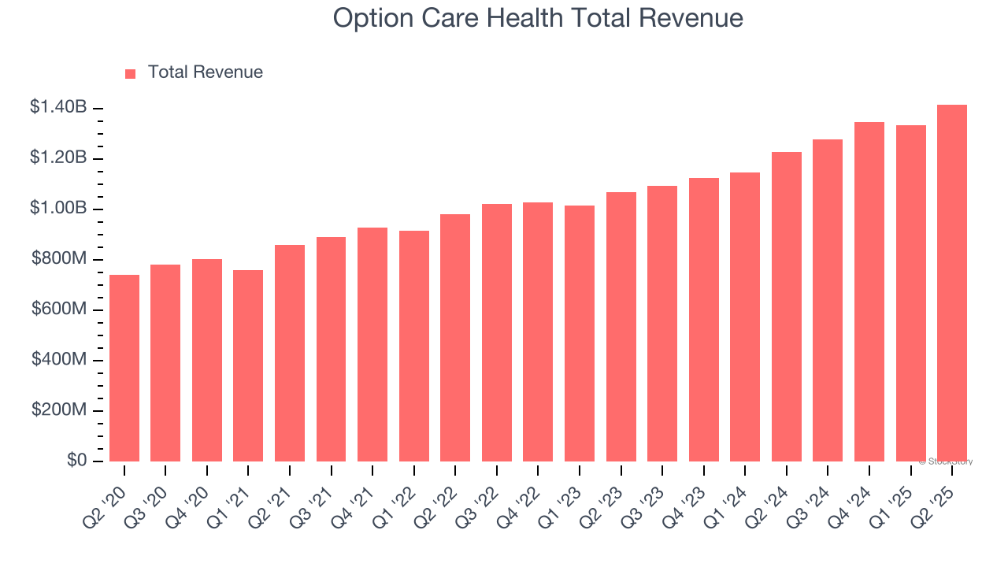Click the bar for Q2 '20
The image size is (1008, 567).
[x=124, y=368]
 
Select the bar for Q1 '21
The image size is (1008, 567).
[x=248, y=365]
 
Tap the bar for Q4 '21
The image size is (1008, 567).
[x=372, y=344]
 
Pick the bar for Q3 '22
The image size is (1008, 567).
[x=497, y=332]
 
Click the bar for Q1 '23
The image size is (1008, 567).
[x=580, y=333]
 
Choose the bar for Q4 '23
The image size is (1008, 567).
[x=704, y=320]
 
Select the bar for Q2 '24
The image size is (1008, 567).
[x=787, y=306]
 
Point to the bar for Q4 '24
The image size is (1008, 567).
[x=869, y=291]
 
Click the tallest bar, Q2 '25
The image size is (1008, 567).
[x=952, y=283]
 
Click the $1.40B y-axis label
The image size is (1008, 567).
[x=58, y=107]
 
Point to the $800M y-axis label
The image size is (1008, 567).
[x=59, y=258]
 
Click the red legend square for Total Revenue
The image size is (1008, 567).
[x=131, y=74]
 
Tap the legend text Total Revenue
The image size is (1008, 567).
[x=205, y=72]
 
